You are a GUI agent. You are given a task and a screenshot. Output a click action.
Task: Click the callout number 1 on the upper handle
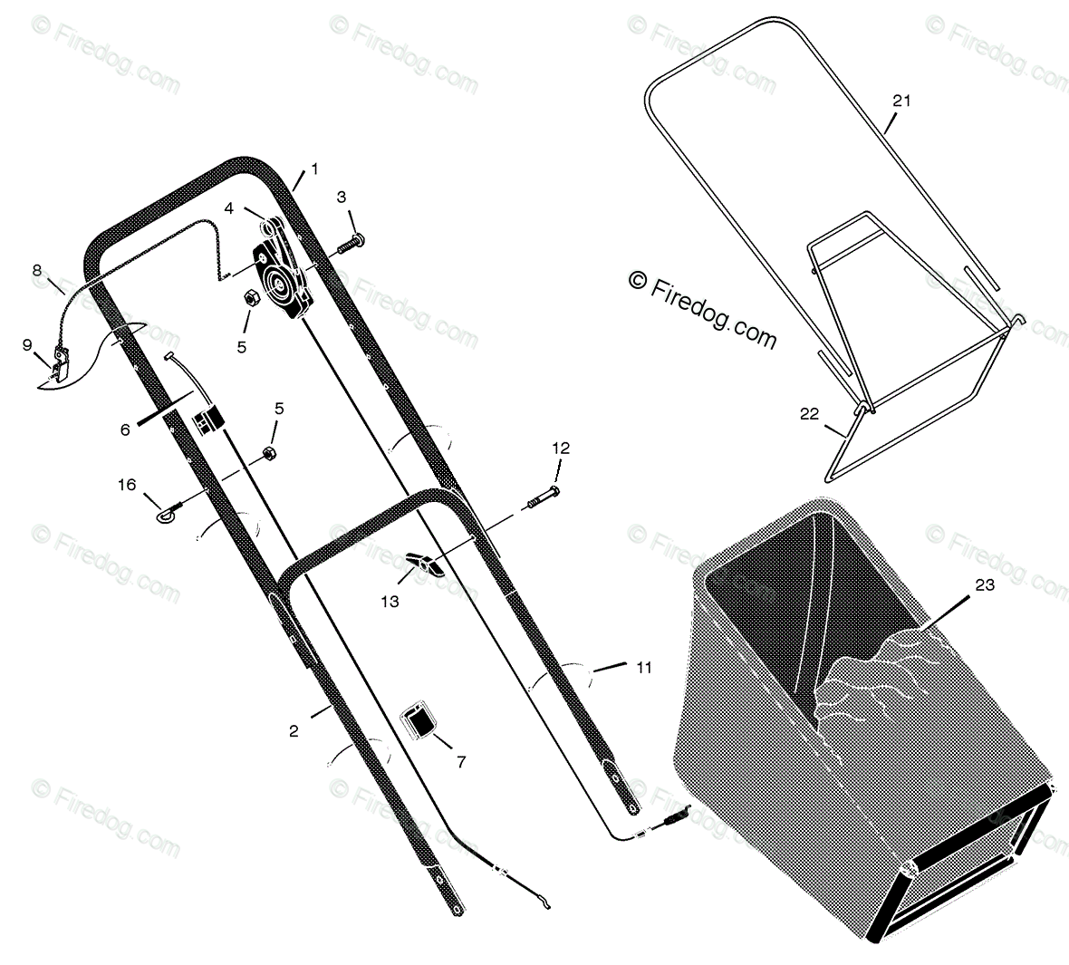[314, 169]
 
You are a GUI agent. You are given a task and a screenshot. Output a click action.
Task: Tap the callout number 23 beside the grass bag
[985, 584]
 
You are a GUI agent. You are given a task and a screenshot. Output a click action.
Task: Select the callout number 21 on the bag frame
[901, 101]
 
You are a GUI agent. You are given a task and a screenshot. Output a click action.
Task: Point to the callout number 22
[809, 414]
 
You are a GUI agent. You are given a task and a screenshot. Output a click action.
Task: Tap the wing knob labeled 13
[423, 564]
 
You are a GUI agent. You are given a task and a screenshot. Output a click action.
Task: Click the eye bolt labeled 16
[170, 511]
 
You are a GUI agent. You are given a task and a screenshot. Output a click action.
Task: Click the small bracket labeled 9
[59, 362]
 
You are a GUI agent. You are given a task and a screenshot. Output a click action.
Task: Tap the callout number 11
[643, 667]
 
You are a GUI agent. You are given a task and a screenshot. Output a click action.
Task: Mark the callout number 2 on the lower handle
[294, 731]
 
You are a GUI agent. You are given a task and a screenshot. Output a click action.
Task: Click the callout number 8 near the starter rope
[37, 271]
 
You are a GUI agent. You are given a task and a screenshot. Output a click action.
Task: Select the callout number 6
[125, 430]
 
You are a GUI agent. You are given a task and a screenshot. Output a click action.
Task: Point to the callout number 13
[390, 602]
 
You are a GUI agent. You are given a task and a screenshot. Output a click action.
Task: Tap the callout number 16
[127, 484]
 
